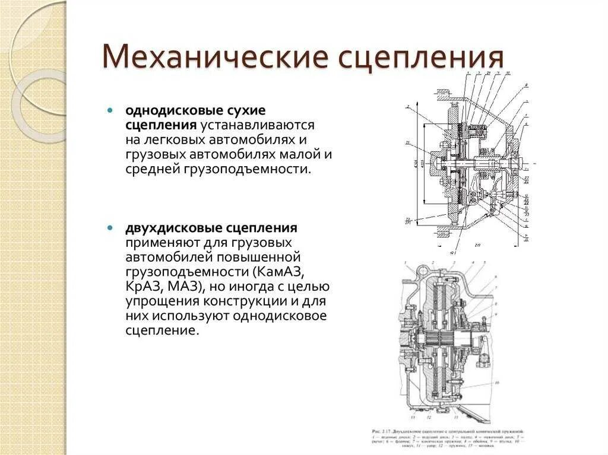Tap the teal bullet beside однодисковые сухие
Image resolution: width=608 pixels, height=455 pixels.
pos(110,110)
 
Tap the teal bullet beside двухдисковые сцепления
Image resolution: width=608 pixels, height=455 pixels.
pos(110,228)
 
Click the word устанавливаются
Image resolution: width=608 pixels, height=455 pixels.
pos(257,125)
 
